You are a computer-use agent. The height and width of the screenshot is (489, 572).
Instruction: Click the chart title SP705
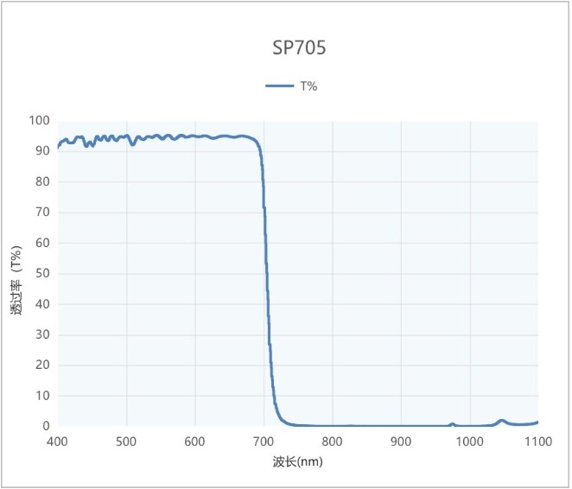299,48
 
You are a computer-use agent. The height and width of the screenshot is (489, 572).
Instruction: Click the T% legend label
309,86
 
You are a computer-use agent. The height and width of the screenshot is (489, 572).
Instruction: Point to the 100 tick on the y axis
40,121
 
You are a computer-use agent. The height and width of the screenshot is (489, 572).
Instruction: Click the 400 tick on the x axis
58,442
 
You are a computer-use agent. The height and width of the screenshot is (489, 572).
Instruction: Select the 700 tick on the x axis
264,442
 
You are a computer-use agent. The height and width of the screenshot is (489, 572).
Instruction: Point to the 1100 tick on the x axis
537,442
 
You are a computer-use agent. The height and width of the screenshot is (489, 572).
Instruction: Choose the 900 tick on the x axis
401,442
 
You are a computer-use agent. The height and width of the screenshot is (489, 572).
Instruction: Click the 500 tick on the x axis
127,442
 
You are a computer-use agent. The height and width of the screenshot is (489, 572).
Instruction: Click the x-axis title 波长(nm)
298,463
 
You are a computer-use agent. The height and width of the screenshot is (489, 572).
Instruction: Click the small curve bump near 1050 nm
502,421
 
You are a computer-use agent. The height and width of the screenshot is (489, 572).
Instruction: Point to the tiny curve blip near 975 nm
452,424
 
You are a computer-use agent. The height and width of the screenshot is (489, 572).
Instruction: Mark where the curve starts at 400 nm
58,148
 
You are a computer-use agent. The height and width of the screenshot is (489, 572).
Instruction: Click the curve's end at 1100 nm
537,422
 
